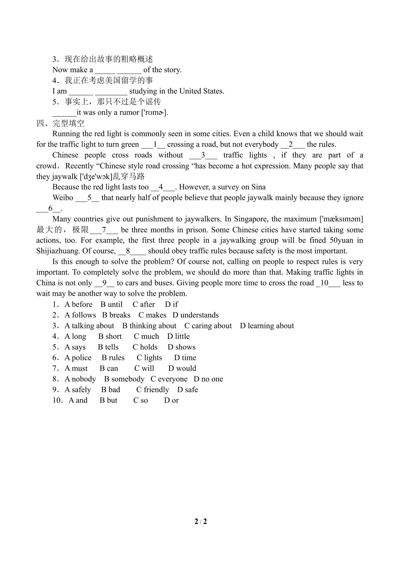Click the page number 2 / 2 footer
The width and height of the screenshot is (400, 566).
[x=201, y=522]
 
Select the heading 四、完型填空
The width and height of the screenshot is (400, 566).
[x=60, y=123]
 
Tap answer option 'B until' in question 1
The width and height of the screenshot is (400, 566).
[x=112, y=305]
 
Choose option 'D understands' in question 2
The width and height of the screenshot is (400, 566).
[x=195, y=315]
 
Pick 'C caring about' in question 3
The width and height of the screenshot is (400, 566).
[x=208, y=326]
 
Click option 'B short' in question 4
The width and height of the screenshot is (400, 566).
[x=110, y=336]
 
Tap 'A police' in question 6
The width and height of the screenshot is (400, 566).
[x=78, y=358]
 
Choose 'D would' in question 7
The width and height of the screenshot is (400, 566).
[x=182, y=368]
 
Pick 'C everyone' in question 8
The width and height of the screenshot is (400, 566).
[x=169, y=379]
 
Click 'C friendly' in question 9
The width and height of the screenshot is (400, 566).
[x=152, y=390]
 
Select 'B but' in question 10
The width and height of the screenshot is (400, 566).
[x=108, y=400]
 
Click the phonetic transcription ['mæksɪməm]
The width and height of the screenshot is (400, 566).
[x=341, y=219]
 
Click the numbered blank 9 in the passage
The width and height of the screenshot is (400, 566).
[x=104, y=283]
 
